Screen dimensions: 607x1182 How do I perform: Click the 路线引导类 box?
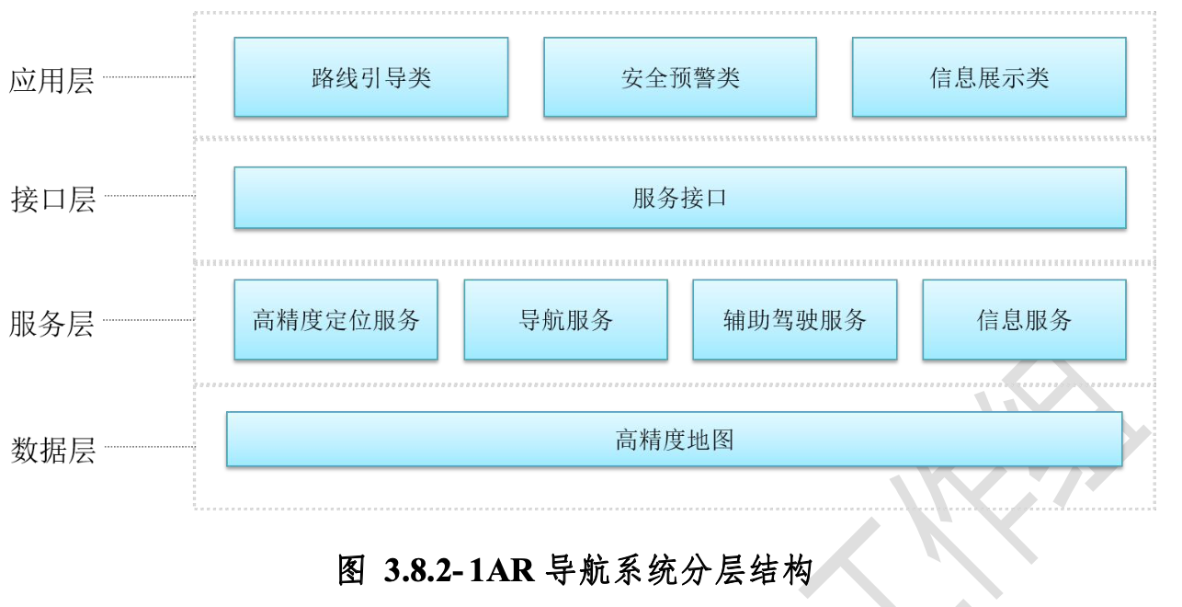pyautogui.click(x=370, y=77)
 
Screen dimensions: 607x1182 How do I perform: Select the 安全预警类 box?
pyautogui.click(x=679, y=77)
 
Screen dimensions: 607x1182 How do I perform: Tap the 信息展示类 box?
pyautogui.click(x=988, y=77)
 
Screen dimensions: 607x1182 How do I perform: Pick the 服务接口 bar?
pyautogui.click(x=679, y=198)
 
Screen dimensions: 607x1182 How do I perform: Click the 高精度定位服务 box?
pyautogui.click(x=335, y=320)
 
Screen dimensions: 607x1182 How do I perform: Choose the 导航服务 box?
pyautogui.click(x=565, y=320)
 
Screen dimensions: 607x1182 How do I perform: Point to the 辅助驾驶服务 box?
pyautogui.click(x=794, y=320)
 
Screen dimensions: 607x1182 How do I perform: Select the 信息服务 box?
pyautogui.click(x=1024, y=320)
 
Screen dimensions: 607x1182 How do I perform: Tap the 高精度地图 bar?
pyautogui.click(x=674, y=440)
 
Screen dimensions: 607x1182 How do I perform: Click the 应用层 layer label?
pyautogui.click(x=51, y=80)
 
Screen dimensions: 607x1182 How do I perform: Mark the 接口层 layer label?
pyautogui.click(x=52, y=199)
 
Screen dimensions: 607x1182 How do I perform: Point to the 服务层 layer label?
pyautogui.click(x=51, y=324)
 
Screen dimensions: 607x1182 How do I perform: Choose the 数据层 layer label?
pyautogui.click(x=52, y=451)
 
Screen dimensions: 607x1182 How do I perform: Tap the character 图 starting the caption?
pyautogui.click(x=353, y=571)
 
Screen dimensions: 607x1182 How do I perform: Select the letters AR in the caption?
pyautogui.click(x=508, y=571)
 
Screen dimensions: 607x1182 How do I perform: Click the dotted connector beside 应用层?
pyautogui.click(x=148, y=77)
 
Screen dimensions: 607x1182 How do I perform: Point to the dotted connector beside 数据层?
pyautogui.click(x=148, y=448)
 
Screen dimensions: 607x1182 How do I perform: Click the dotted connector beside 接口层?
pyautogui.click(x=148, y=196)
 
